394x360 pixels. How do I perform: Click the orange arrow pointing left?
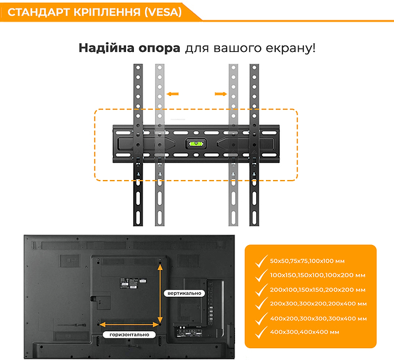[x=172, y=95]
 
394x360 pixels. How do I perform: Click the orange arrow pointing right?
[x=220, y=95]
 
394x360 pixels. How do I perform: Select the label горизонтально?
[x=129, y=334]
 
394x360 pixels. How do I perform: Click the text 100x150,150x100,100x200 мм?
[x=318, y=275]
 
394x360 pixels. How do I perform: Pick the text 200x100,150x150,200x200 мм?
[x=318, y=289]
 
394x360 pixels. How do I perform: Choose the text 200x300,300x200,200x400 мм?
[x=318, y=304]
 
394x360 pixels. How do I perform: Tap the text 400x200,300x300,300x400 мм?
[x=318, y=318]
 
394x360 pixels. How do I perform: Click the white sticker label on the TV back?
[x=131, y=282]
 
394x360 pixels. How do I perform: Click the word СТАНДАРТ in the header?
[x=36, y=12]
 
